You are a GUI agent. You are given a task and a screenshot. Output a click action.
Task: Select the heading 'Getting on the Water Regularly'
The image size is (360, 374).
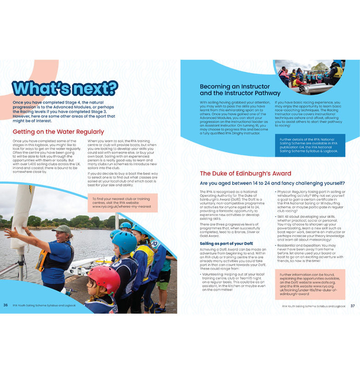pyautogui.click(x=58, y=132)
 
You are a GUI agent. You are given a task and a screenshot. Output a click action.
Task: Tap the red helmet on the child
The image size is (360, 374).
pyautogui.click(x=104, y=278)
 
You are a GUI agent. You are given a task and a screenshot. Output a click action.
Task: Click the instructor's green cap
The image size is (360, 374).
pyautogui.click(x=62, y=228)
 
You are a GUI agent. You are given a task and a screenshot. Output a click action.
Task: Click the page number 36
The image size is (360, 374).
pyautogui.click(x=6, y=305)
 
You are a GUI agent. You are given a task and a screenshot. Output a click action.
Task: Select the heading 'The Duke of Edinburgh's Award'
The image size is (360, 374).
pyautogui.click(x=245, y=173)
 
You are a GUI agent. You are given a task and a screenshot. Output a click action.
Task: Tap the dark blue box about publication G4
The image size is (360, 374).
pyautogui.click(x=309, y=145)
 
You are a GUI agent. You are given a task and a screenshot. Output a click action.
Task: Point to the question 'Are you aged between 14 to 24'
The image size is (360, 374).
pyautogui.click(x=272, y=183)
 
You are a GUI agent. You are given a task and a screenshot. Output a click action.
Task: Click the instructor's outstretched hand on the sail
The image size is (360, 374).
pyautogui.click(x=11, y=232)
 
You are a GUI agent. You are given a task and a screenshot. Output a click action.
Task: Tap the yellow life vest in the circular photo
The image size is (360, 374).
pyautogui.click(x=337, y=72)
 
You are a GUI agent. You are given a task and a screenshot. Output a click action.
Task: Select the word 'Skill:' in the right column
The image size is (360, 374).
pyautogui.click(x=283, y=216)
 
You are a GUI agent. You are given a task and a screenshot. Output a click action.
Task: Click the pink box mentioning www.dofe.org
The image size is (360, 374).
pyautogui.click(x=309, y=284)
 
